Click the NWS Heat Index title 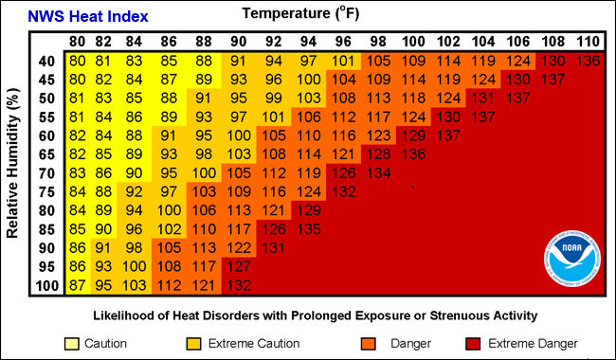(x=86, y=17)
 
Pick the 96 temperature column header (x=344, y=42)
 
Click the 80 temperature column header (x=78, y=42)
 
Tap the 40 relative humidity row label (x=46, y=61)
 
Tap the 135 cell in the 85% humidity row (x=309, y=228)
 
